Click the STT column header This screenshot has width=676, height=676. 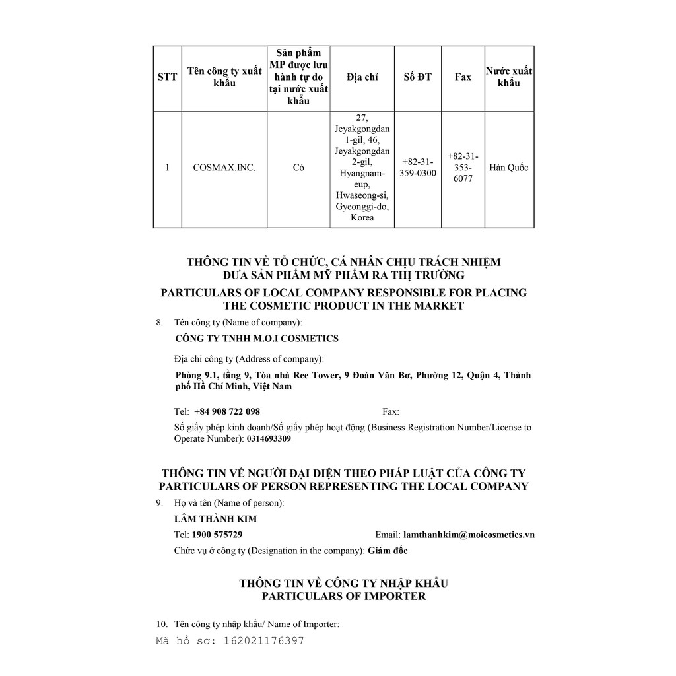tap(167, 77)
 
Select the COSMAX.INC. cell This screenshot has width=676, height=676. tap(224, 168)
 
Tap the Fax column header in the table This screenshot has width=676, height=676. tap(463, 77)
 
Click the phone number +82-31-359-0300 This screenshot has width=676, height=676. tap(417, 168)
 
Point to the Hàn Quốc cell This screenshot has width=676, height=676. tap(509, 168)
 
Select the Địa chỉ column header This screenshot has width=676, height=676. tap(362, 77)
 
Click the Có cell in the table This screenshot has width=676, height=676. tap(298, 168)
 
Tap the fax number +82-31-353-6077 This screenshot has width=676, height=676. tap(463, 168)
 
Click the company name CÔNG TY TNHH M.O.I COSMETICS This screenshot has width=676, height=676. tap(257, 339)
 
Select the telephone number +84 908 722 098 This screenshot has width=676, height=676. tap(227, 411)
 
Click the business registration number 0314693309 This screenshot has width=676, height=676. tap(269, 438)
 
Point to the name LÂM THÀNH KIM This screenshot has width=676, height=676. tap(215, 519)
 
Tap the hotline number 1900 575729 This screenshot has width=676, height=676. tap(217, 535)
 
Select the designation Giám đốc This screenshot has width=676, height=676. tap(388, 551)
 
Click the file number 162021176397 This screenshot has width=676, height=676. tap(264, 641)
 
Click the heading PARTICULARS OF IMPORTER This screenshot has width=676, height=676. tap(343, 596)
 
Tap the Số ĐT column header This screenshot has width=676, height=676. tap(417, 77)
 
